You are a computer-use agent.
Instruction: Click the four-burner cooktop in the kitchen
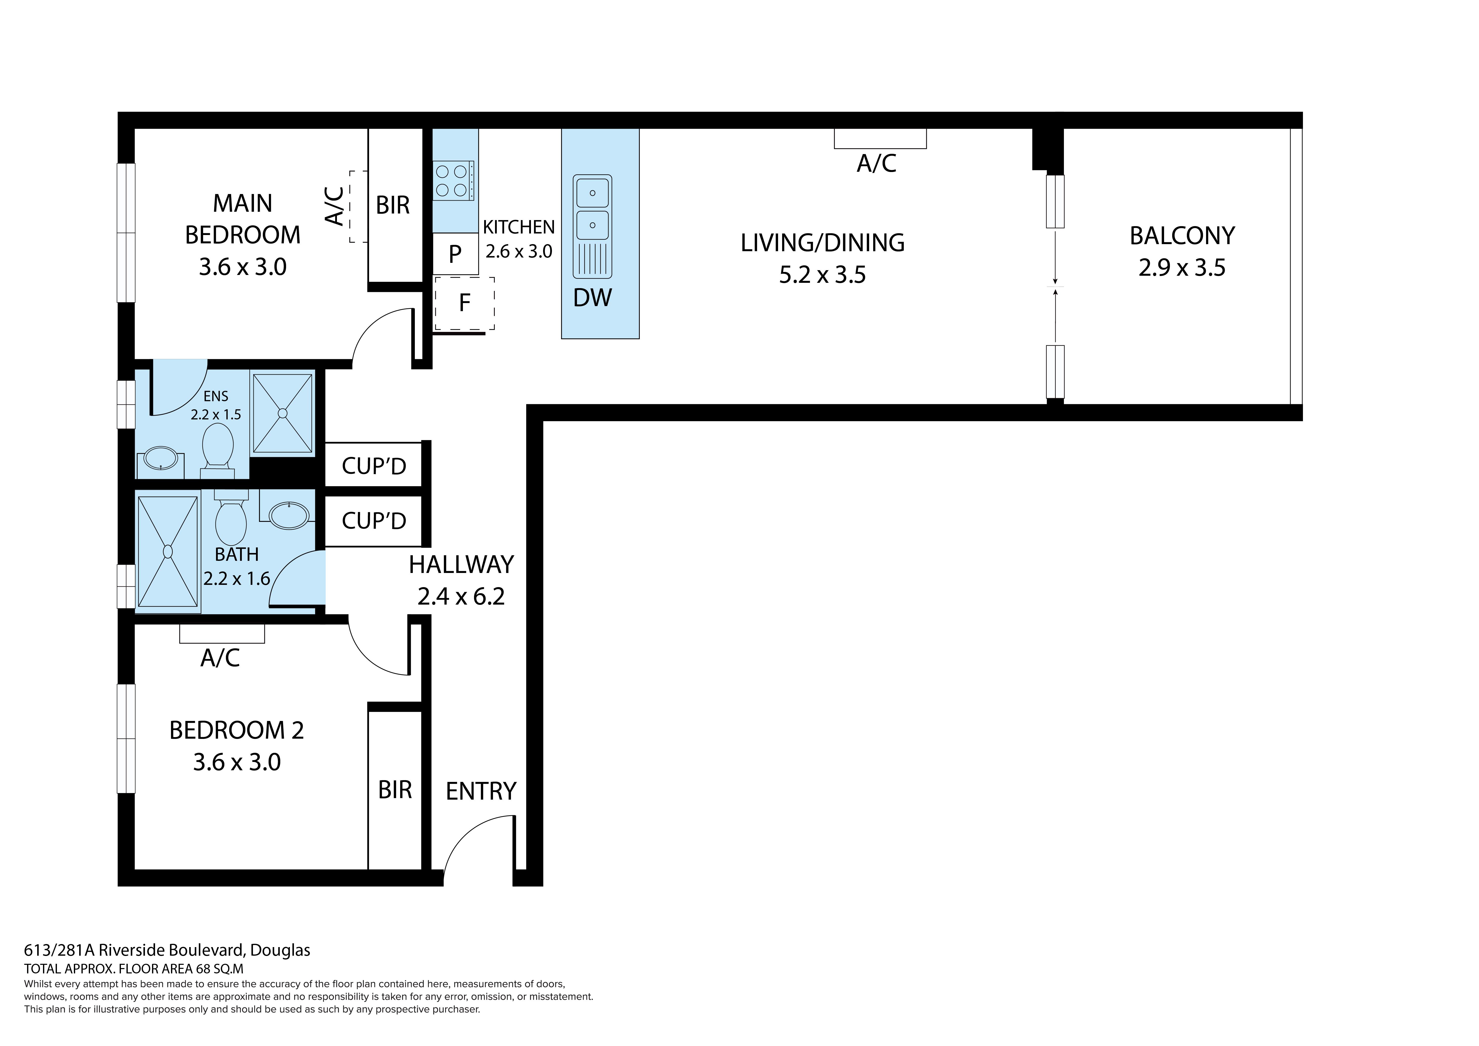pos(454,180)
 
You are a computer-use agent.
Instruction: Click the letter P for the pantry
pos(455,254)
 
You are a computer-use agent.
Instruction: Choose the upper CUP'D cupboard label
pos(374,466)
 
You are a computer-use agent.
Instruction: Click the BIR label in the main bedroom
pos(393,205)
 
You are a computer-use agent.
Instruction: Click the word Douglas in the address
pos(280,950)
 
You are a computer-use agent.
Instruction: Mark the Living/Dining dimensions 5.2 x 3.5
pos(823,275)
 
